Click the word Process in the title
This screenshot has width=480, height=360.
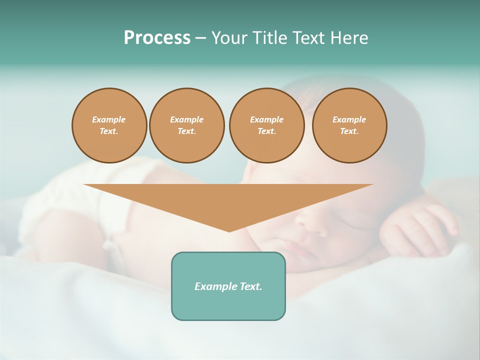157,38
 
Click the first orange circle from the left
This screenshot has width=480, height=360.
109,125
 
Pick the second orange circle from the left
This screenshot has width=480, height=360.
186,125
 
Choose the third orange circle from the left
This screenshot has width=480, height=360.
266,125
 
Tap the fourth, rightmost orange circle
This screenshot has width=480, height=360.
349,125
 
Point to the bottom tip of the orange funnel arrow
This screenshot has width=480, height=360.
229,231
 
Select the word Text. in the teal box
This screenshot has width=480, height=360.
251,286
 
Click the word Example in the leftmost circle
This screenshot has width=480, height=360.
109,119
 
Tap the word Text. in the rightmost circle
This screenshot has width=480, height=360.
349,131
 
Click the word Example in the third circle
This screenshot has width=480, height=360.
266,119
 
